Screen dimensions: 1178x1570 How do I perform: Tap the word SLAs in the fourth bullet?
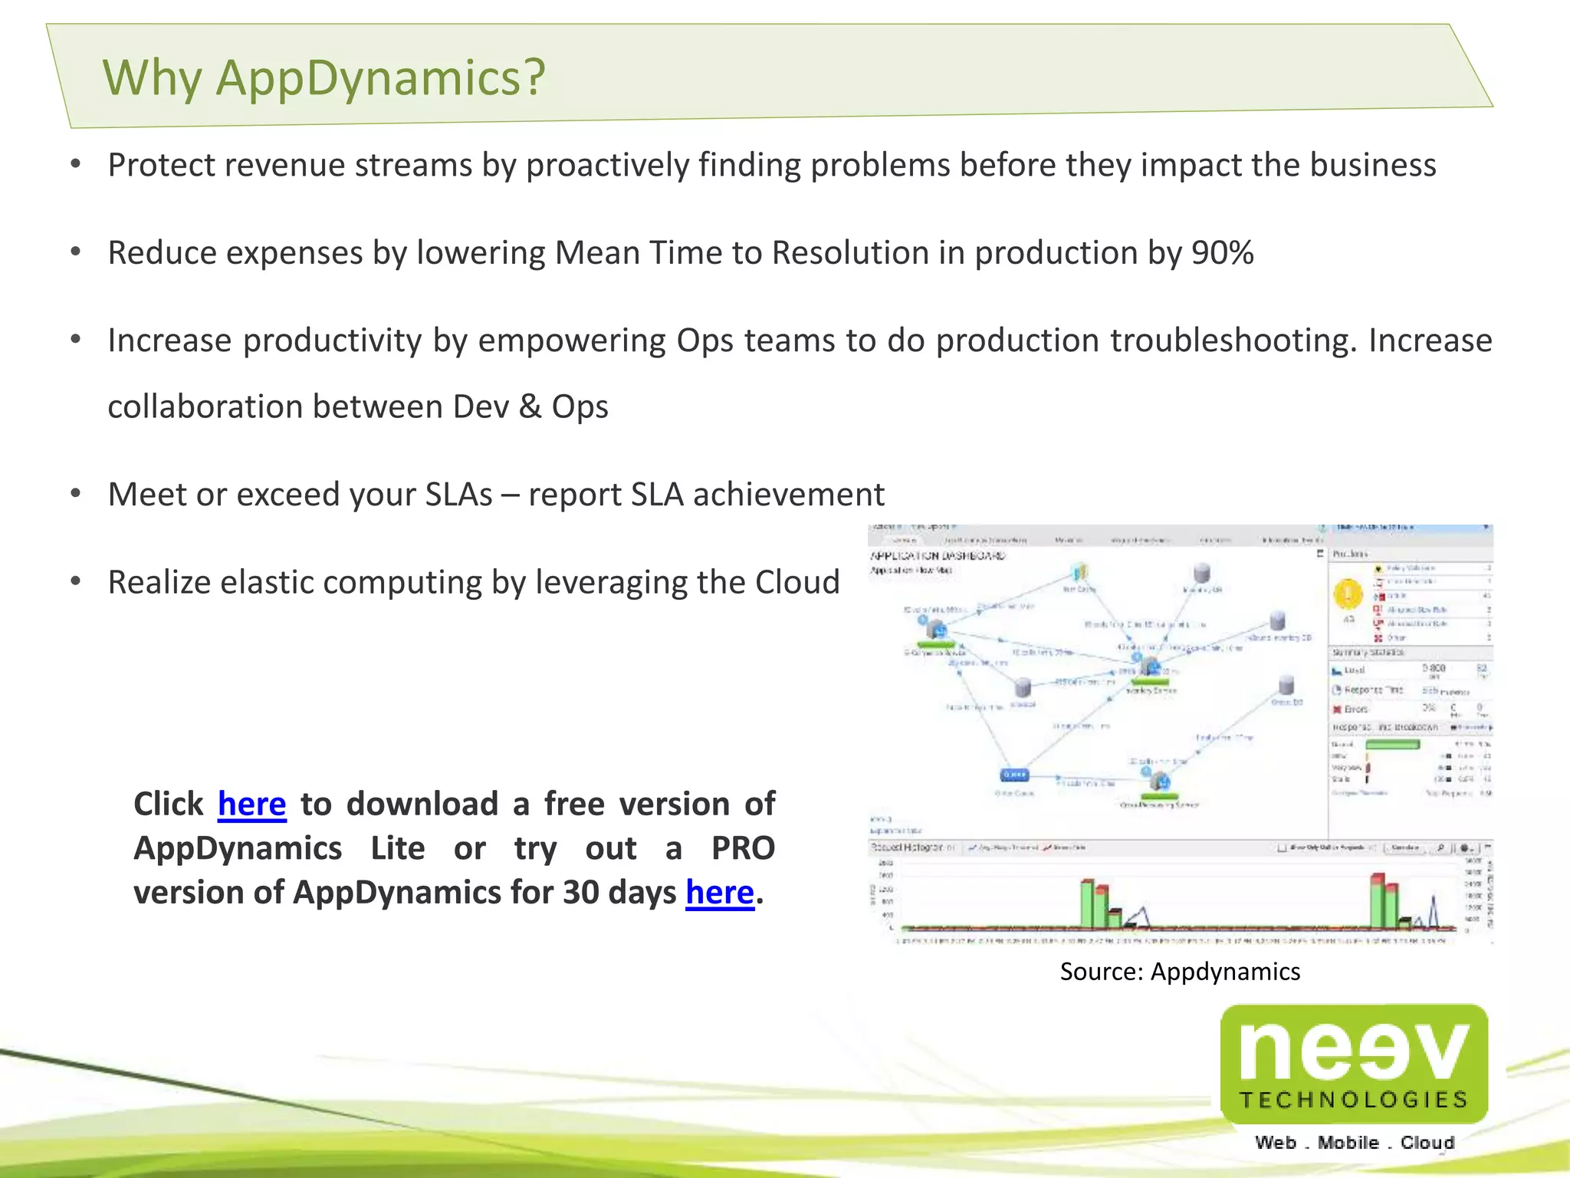[458, 495]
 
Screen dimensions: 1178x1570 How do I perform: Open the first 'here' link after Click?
[251, 805]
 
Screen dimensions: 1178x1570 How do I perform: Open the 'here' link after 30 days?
[719, 893]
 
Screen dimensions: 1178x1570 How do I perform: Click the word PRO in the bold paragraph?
[742, 848]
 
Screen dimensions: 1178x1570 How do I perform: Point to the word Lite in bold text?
[397, 848]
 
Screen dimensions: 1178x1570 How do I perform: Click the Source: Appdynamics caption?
[1179, 972]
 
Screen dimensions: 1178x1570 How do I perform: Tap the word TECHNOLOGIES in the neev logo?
[1353, 1100]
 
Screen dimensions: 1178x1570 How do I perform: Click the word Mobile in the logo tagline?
[1348, 1143]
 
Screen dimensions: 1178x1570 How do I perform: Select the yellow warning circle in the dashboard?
[1348, 594]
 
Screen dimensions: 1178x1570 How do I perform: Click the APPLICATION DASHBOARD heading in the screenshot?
[938, 556]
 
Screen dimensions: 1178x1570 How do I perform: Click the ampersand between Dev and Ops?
[530, 406]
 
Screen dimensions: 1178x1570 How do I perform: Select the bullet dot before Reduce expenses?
[75, 252]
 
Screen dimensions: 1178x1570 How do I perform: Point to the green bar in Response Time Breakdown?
[1392, 744]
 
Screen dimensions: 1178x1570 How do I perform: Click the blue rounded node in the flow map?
[1013, 775]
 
